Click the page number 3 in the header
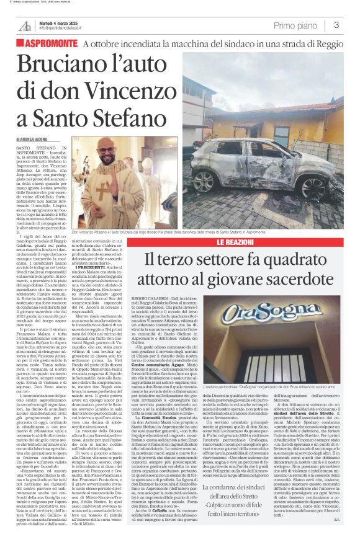[x=335, y=25]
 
